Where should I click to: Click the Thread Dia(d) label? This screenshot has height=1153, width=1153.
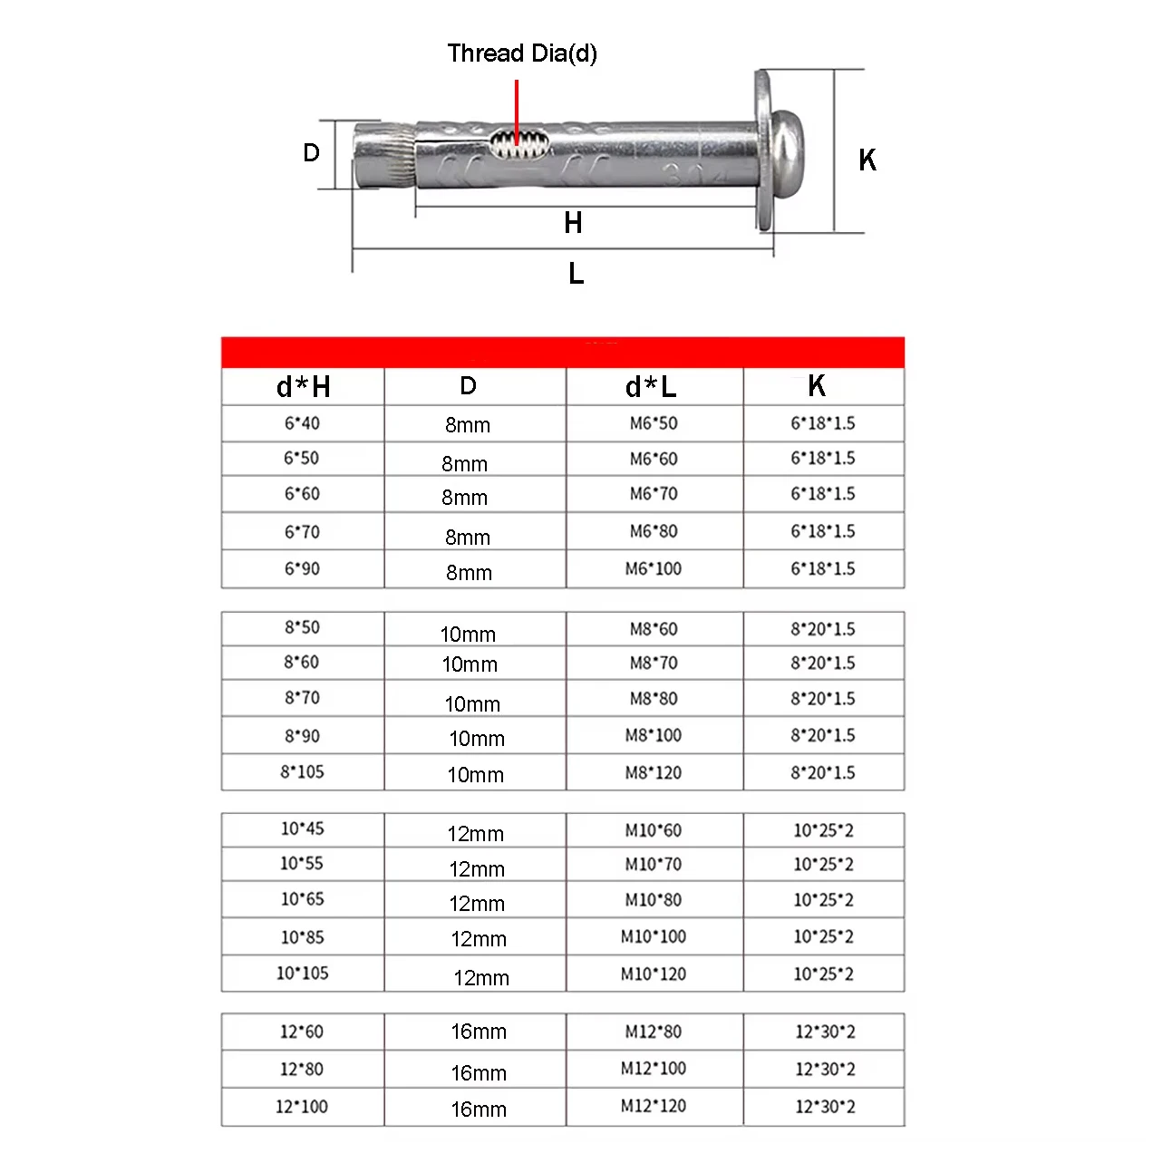coord(522,53)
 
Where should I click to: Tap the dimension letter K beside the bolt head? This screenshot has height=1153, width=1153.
coord(867,160)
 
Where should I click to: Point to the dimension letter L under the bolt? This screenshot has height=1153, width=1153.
coord(576,274)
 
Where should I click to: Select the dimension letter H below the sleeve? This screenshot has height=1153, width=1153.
coord(573,223)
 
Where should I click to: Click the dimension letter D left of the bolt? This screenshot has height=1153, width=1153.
coord(311,152)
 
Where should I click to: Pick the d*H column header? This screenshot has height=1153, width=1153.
coord(303,387)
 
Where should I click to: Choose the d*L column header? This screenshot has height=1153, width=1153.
coord(651,387)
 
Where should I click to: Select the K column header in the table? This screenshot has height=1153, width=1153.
coord(817,386)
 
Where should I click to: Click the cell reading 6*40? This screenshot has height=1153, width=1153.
coord(302,423)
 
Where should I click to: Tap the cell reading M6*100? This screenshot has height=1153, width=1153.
coord(653,569)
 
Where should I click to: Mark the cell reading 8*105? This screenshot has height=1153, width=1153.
coord(302,772)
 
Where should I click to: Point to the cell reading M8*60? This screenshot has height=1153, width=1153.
coord(653,629)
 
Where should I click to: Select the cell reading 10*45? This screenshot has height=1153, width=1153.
coord(302,828)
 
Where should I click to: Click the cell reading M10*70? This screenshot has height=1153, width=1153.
coord(653,865)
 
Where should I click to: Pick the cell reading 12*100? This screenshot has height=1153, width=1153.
coord(302,1107)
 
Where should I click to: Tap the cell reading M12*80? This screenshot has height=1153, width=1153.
coord(653,1032)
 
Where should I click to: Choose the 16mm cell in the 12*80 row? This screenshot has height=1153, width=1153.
coord(479,1073)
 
